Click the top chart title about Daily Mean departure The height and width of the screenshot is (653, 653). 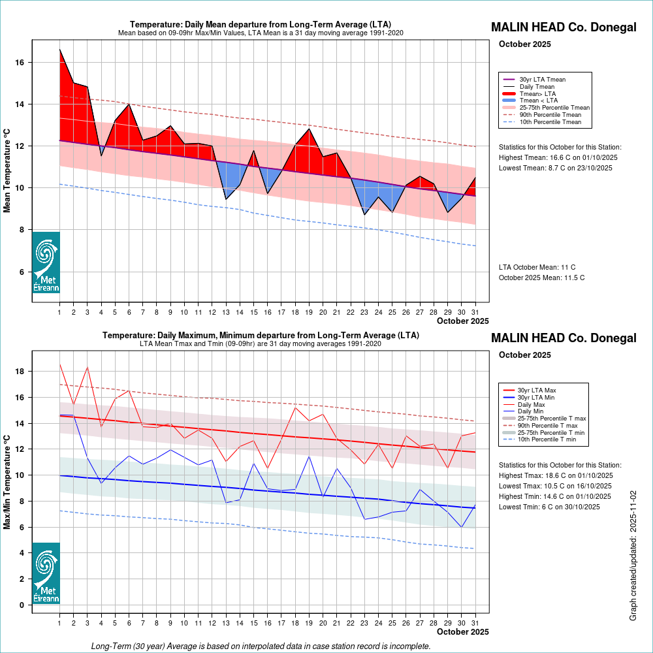click(x=261, y=25)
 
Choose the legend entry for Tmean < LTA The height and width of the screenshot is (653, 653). click(x=538, y=101)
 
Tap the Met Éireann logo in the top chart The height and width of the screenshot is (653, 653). click(x=46, y=262)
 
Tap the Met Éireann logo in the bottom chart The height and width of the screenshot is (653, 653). click(x=46, y=573)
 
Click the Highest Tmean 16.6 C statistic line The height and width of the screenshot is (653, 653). click(x=558, y=158)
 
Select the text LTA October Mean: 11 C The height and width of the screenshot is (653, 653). click(x=537, y=267)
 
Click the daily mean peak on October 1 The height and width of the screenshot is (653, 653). click(x=60, y=50)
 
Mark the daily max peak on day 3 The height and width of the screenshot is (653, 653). click(x=88, y=367)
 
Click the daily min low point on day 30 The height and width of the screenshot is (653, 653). click(x=462, y=527)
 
